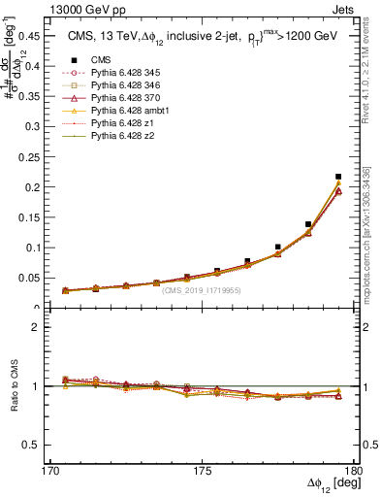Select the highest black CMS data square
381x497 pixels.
337,177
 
